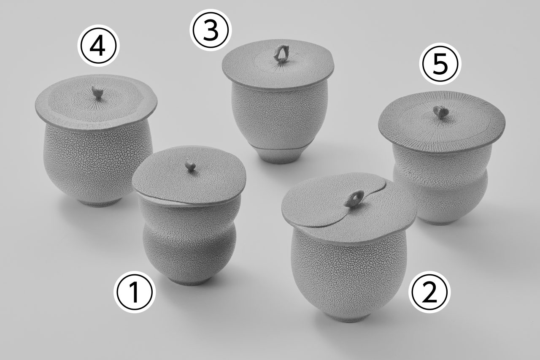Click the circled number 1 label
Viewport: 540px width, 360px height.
pos(135,292)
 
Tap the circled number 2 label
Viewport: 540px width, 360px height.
pos(429,292)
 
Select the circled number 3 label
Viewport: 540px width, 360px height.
pos(211,30)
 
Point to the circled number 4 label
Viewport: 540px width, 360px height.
pos(98,46)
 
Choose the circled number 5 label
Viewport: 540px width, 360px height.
pos(440,64)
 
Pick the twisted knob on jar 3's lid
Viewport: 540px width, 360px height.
pos(280,54)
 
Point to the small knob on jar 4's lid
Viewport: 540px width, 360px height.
pos(97,92)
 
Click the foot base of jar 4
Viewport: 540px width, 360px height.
pos(100,202)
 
